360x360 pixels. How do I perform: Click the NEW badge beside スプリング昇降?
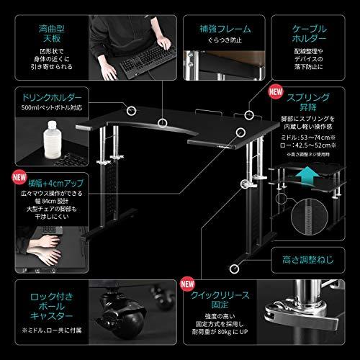point(274,92)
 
